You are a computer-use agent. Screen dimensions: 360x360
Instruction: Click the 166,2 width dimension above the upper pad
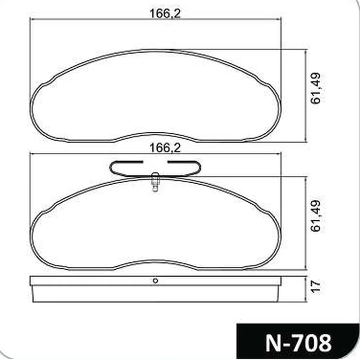point(165,14)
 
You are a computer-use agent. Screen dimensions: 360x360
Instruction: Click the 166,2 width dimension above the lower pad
point(165,148)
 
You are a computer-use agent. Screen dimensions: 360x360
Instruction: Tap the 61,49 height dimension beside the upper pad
point(315,89)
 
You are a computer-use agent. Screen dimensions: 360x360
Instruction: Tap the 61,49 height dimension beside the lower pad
point(315,216)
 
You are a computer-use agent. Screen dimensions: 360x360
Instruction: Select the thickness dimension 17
point(316,286)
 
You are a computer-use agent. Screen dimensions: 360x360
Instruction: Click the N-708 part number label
point(298,343)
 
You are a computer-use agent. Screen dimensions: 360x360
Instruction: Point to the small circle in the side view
point(156,280)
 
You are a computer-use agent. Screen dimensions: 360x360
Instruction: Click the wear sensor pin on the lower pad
point(155,182)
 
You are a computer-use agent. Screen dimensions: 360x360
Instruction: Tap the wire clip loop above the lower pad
point(155,169)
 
